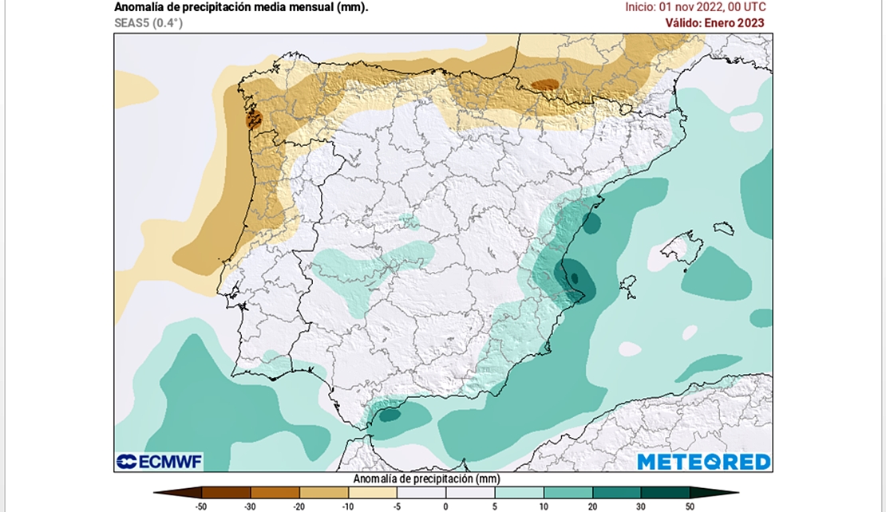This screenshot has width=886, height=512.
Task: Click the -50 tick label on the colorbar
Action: pyautogui.click(x=202, y=506)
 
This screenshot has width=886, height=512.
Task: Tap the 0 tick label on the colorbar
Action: pyautogui.click(x=445, y=506)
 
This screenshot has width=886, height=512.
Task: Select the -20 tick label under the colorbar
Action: pyautogui.click(x=299, y=506)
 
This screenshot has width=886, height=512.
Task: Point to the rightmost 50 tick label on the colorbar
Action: pyautogui.click(x=690, y=506)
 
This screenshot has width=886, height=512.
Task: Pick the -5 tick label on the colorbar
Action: pyautogui.click(x=397, y=506)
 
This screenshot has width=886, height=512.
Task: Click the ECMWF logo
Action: pyautogui.click(x=159, y=462)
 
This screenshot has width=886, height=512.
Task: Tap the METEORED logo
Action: pyautogui.click(x=703, y=462)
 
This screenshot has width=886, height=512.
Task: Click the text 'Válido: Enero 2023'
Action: pyautogui.click(x=714, y=23)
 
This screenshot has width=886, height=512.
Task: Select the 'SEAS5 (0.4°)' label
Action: pyautogui.click(x=148, y=23)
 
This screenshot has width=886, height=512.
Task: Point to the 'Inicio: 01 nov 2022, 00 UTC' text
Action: pyautogui.click(x=695, y=7)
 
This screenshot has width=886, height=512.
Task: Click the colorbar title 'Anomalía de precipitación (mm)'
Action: pyautogui.click(x=426, y=479)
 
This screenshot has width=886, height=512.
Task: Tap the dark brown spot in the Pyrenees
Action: pyautogui.click(x=545, y=84)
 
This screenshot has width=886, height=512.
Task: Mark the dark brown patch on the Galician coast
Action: pyautogui.click(x=254, y=120)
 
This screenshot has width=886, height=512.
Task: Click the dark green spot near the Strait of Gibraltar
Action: pyautogui.click(x=390, y=414)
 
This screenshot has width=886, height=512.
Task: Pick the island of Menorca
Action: pyautogui.click(x=724, y=228)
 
